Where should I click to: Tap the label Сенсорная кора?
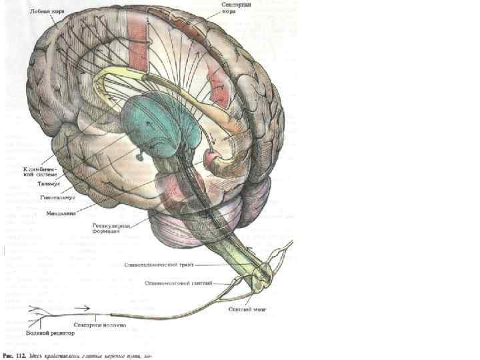tap(236, 9)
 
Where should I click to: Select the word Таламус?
tap(51, 183)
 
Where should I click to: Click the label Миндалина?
tap(61, 215)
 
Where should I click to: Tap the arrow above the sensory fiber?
tap(83, 309)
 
